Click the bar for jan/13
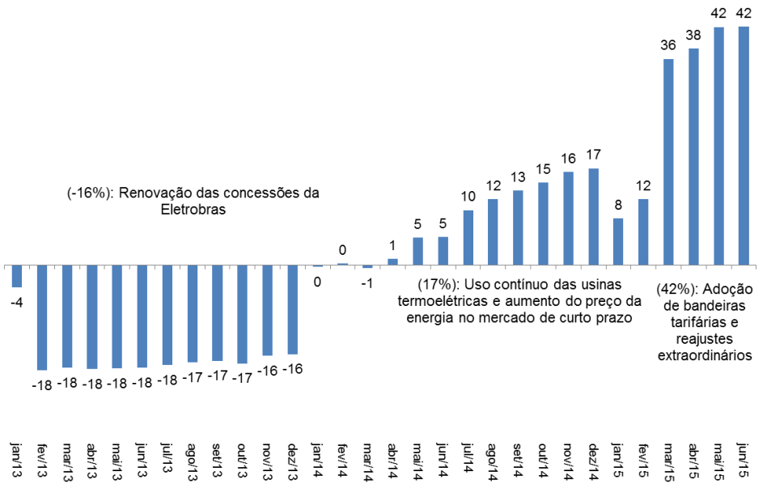pos(16,276)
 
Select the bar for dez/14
pos(593,217)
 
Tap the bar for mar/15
pos(668,162)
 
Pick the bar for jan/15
pos(618,241)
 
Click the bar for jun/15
pos(744,146)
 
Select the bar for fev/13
pos(41,317)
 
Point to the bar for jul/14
pos(468,237)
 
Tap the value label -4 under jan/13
pos(16,302)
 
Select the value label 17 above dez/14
pos(593,155)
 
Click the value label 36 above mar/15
pos(668,45)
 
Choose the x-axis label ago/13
pos(193,461)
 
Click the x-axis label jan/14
pos(318,461)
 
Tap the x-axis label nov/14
pos(568,461)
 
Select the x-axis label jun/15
pos(744,461)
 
